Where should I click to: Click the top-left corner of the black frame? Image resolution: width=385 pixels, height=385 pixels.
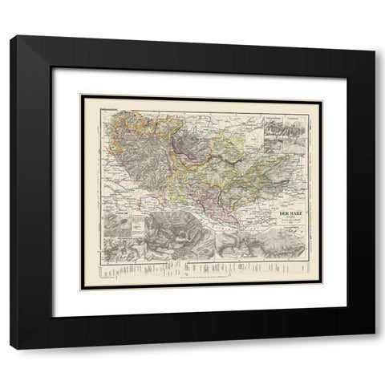click(12, 38)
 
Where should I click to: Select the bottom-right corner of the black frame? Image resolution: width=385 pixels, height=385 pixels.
click(373, 347)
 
